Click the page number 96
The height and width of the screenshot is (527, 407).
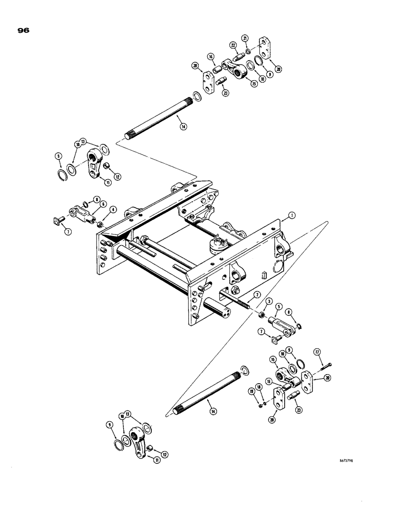click(23, 30)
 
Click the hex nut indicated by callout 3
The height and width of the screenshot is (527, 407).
click(260, 314)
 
